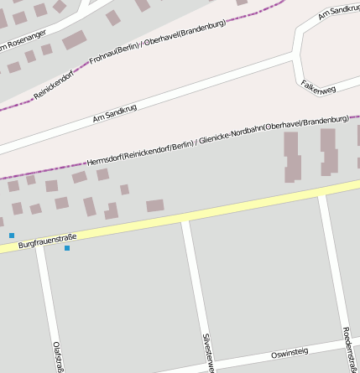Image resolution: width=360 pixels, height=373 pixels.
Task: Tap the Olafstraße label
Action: [x=57, y=356]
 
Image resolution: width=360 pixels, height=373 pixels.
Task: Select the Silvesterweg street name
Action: [x=209, y=352]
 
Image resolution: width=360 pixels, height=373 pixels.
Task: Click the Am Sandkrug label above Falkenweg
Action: [x=339, y=12]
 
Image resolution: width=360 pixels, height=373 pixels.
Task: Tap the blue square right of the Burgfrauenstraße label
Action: [x=67, y=248]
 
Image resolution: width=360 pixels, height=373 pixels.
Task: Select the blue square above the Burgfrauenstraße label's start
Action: [x=12, y=236]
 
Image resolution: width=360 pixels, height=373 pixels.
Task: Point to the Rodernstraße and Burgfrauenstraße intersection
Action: [x=321, y=197]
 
